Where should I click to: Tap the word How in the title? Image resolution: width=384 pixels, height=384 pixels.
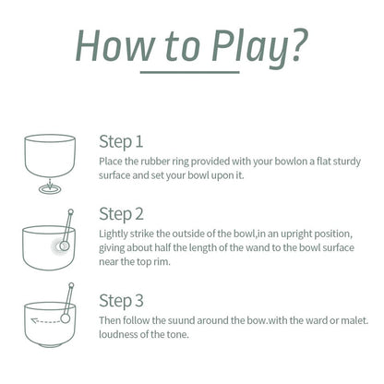click(x=114, y=45)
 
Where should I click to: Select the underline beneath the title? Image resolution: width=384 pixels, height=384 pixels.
click(x=190, y=73)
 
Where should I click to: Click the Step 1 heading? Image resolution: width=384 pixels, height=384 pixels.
click(x=121, y=142)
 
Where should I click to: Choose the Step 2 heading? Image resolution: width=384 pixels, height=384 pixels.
click(x=121, y=214)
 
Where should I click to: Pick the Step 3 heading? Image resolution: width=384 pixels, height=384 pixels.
click(x=121, y=301)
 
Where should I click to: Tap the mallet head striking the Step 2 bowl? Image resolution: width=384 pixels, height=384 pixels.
click(x=64, y=246)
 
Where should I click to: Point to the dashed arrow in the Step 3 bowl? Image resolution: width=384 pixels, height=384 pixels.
click(x=46, y=321)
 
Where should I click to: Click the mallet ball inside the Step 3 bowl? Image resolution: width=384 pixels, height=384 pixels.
click(x=66, y=318)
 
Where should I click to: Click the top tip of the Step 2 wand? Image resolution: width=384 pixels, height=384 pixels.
click(x=71, y=211)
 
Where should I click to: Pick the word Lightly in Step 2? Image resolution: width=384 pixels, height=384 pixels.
click(x=114, y=234)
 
